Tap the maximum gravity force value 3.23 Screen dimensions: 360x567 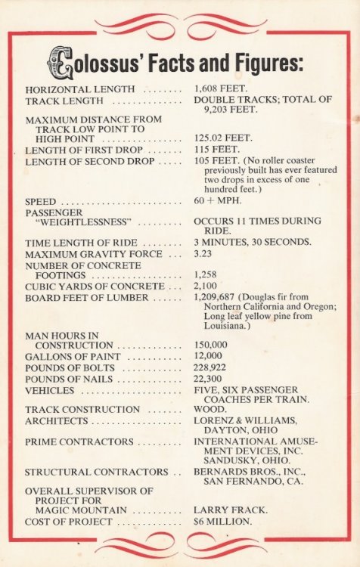[204, 254]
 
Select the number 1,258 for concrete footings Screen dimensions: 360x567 [208, 276]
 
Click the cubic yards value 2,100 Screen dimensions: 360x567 [208, 287]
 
